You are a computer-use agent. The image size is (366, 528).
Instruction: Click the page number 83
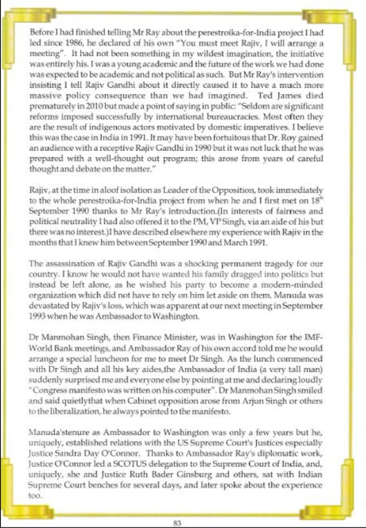pyautogui.click(x=177, y=523)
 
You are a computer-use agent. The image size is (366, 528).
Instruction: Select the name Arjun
pyautogui.click(x=252, y=401)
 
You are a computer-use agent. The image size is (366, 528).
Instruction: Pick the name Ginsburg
pyautogui.click(x=195, y=474)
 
